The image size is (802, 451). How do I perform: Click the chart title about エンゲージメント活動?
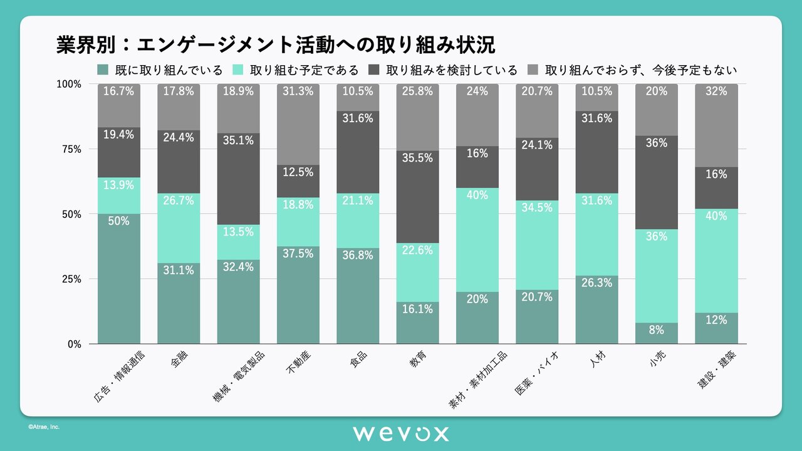275,45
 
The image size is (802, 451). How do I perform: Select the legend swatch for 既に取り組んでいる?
103,70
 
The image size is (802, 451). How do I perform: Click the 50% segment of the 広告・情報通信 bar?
118,279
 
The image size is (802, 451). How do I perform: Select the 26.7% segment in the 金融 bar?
179,228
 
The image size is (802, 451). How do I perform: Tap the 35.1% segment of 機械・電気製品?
238,179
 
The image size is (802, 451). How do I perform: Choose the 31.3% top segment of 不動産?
298,124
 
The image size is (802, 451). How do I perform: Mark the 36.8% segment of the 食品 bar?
358,296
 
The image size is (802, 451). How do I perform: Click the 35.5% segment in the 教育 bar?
417,197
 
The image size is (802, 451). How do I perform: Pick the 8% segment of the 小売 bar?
657,333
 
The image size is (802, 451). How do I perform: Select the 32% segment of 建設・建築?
716,125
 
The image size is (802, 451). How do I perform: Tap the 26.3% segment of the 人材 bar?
596,309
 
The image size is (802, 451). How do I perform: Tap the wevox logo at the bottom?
400,433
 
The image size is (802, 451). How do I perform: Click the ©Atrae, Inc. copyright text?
43,427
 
